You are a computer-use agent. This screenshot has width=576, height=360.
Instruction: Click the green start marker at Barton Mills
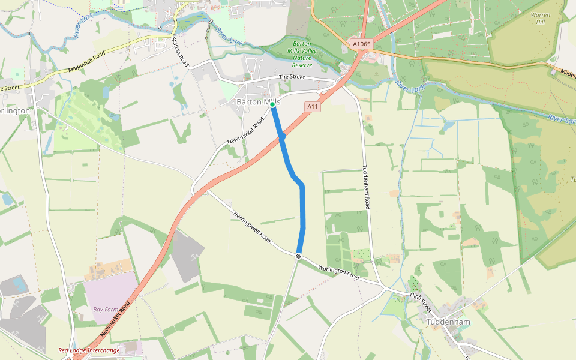[x=272, y=104]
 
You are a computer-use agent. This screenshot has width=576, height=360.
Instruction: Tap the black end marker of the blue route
[x=298, y=256]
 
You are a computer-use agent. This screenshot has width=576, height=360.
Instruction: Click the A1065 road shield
[x=362, y=44]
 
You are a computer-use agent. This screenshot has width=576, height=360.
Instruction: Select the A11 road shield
[x=312, y=106]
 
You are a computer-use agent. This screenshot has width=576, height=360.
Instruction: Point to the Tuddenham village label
[x=449, y=322]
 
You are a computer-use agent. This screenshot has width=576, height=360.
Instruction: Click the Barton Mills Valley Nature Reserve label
[x=302, y=54]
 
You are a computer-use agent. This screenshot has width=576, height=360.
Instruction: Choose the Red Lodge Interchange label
[x=89, y=350]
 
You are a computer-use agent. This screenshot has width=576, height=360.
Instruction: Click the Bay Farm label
[x=106, y=310]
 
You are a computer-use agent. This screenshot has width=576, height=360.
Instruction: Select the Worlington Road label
[x=338, y=273]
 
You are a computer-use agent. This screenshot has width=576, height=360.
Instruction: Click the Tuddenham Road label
[x=365, y=187]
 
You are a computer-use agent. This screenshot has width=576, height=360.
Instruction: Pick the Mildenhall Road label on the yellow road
[x=87, y=62]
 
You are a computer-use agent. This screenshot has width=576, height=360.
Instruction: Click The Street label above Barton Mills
[x=292, y=77]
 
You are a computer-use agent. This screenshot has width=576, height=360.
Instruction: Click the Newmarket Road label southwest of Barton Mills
[x=246, y=131]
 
